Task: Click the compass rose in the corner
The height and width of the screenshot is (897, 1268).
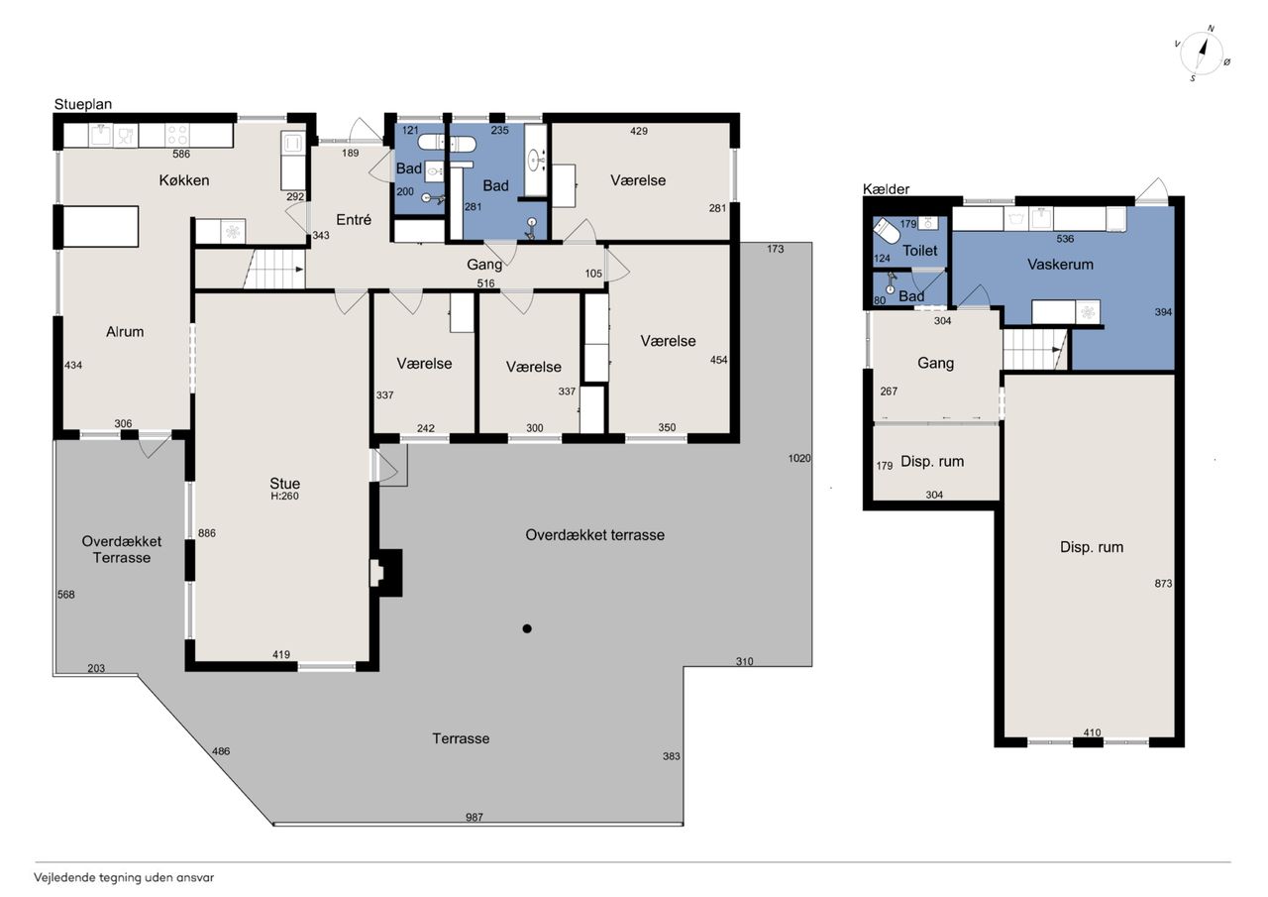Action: (1202, 55)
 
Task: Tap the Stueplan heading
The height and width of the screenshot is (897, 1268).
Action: (83, 104)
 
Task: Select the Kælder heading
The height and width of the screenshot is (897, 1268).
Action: (886, 189)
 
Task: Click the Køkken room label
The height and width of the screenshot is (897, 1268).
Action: (184, 180)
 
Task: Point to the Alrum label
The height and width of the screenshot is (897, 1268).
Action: (125, 331)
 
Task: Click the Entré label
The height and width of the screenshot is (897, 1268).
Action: (354, 220)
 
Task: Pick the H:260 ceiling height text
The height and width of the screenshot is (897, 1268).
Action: (284, 496)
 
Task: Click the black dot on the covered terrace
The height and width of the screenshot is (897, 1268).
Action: (527, 628)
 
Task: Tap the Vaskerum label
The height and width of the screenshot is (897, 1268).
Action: (1060, 265)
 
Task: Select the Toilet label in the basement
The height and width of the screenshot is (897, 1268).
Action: (920, 251)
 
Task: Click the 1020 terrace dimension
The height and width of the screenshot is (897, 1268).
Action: (799, 458)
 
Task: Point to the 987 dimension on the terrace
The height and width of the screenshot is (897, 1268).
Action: (475, 817)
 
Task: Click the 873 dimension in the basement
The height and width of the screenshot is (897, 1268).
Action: (1163, 583)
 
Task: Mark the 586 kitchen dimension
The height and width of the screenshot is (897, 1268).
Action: (181, 154)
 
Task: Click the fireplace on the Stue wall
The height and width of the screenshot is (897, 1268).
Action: (386, 573)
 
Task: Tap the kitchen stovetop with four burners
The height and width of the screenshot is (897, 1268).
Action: (177, 136)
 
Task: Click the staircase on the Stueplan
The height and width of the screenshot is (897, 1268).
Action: (274, 270)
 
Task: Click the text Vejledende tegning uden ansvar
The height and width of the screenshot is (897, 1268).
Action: (124, 878)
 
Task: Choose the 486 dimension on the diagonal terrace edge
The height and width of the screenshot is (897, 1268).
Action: (221, 751)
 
